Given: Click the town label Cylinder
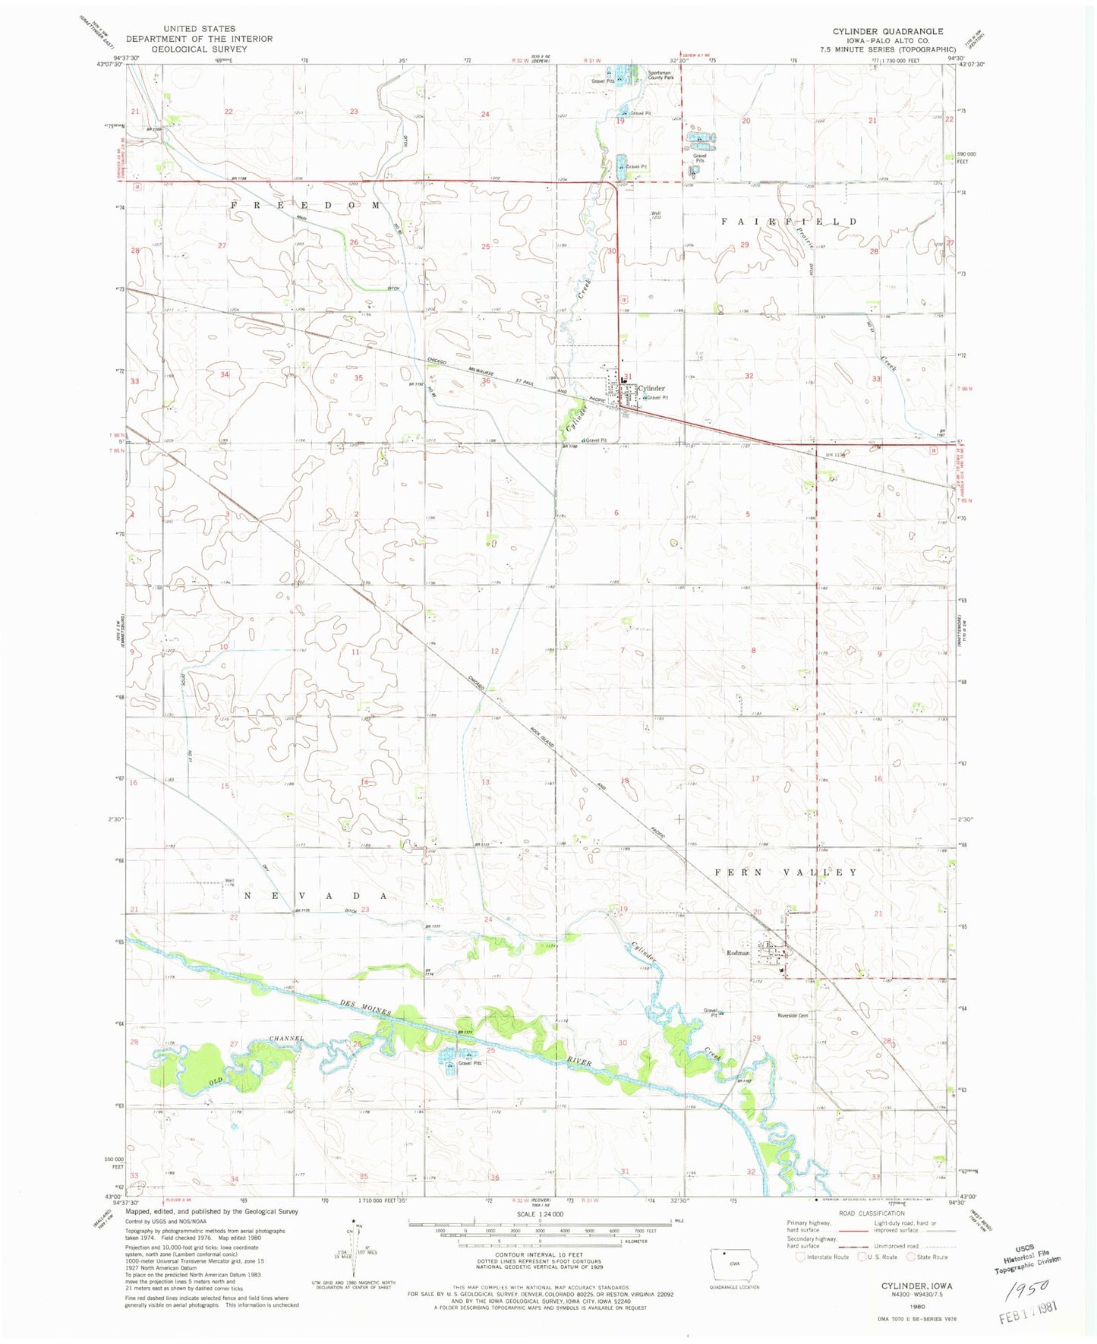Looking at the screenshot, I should (651, 388).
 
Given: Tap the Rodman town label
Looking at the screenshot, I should (738, 952).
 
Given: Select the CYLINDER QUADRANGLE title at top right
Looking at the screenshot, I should (887, 31).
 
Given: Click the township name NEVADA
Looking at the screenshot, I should (317, 896).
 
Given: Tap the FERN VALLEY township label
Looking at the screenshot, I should (786, 872).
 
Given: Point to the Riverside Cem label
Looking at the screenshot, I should (792, 1015).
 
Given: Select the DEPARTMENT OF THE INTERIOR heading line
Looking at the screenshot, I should (199, 39).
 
